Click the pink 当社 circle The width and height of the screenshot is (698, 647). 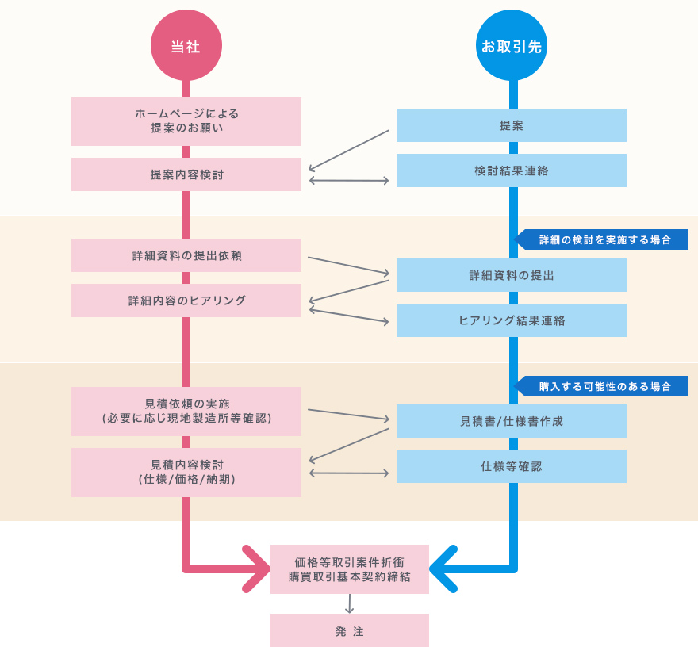click(186, 46)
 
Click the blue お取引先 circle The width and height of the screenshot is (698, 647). click(512, 46)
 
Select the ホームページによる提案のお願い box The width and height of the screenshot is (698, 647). click(186, 121)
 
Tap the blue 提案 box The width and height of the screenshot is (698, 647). click(512, 125)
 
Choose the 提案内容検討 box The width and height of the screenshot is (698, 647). click(186, 174)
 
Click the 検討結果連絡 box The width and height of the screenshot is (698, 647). click(512, 170)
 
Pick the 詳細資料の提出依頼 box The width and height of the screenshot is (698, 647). click(186, 255)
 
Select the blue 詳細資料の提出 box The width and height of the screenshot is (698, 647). click(512, 275)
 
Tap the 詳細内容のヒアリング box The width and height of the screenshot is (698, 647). click(186, 301)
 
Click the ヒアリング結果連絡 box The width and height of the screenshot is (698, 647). click(512, 320)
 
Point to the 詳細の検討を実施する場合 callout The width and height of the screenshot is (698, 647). click(604, 239)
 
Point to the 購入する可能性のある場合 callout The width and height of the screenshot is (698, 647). click(604, 386)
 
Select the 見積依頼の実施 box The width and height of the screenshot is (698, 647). click(186, 411)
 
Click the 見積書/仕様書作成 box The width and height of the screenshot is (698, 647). click(512, 421)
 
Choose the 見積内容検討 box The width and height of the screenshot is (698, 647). click(186, 473)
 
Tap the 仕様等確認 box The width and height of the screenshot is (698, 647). click(512, 466)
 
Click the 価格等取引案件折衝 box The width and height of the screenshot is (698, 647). click(349, 569)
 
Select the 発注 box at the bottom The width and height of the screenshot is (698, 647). click(349, 630)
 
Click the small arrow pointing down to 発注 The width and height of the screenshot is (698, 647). click(349, 604)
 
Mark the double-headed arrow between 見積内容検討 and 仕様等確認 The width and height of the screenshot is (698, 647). click(349, 473)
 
